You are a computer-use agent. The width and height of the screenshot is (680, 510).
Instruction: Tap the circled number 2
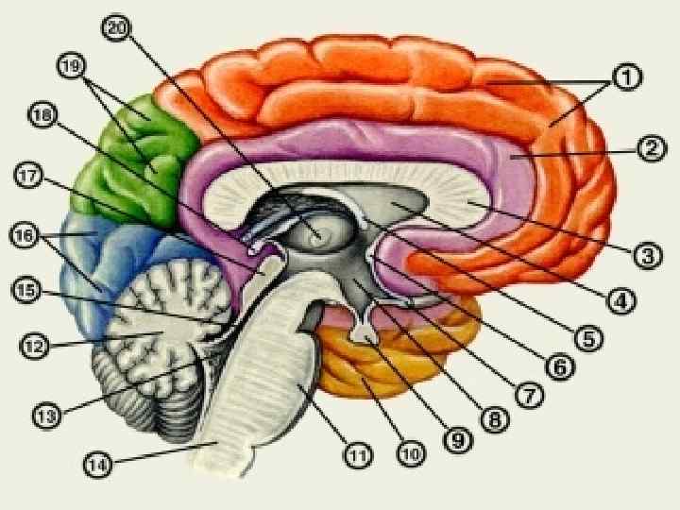[651, 148]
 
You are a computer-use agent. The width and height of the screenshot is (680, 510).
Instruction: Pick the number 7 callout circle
[529, 395]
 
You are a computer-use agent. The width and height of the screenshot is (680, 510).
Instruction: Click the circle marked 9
[456, 438]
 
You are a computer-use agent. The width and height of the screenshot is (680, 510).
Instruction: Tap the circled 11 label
[355, 457]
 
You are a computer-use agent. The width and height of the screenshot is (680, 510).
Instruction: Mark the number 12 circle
[33, 346]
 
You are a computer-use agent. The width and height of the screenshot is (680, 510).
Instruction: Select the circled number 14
[97, 465]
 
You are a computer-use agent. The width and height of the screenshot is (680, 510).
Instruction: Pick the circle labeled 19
[72, 65]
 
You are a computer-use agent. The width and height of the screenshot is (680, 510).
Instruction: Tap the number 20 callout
[115, 29]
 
